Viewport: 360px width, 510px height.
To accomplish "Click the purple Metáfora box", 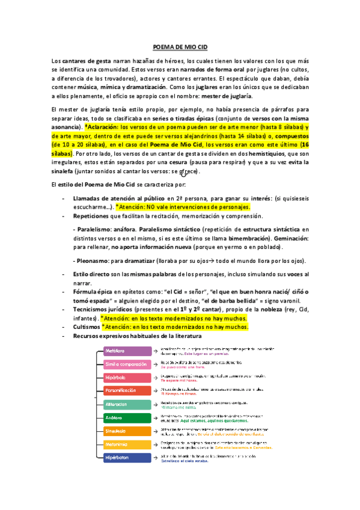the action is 127,351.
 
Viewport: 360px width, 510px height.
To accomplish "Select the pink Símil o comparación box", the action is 127,364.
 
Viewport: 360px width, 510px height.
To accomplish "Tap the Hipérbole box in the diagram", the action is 127,378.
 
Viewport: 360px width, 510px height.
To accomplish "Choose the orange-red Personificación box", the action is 127,391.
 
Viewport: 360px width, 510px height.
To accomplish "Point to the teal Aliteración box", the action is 127,405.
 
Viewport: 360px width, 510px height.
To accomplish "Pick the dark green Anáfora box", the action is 127,418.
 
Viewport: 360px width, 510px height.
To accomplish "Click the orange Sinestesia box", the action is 127,431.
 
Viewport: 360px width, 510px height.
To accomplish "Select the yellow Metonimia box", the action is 127,444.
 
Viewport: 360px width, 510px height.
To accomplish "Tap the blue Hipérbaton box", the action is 127,458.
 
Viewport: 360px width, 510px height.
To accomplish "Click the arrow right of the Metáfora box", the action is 156,351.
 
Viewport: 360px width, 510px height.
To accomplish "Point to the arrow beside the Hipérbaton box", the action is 156,458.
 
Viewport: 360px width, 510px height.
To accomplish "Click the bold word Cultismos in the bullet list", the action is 86,326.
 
